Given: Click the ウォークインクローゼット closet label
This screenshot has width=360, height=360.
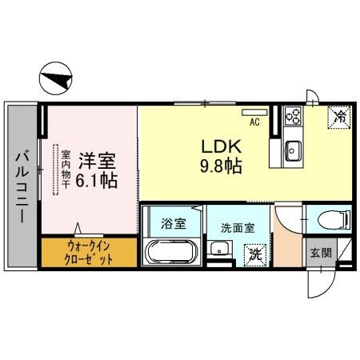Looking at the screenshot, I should (x=89, y=254).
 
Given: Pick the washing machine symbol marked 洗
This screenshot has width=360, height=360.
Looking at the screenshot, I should (x=254, y=255).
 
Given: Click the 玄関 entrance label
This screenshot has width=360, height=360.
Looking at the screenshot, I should (x=321, y=253).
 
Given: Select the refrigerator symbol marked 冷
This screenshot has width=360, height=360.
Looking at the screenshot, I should (x=338, y=116).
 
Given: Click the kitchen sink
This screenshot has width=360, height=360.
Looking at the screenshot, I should (x=293, y=148).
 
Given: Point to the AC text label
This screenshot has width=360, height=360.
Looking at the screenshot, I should (x=254, y=122).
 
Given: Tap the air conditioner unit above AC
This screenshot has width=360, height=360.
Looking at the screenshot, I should (x=255, y=111).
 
